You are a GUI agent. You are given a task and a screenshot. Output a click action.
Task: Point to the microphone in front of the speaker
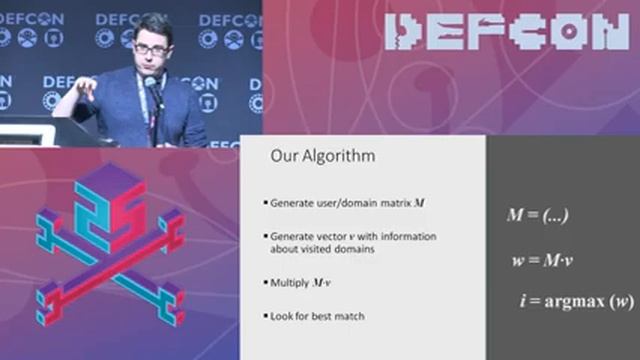pos(152,86)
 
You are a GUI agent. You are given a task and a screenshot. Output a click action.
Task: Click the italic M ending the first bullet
pos(419,202)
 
